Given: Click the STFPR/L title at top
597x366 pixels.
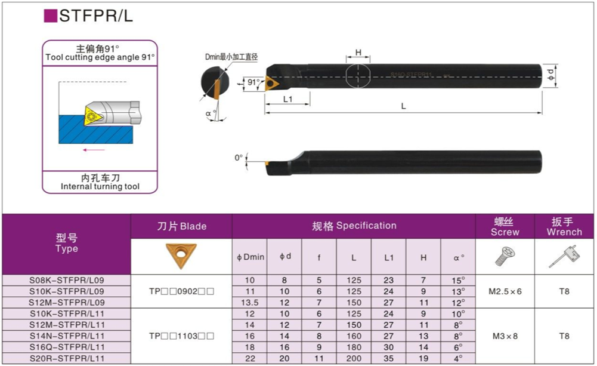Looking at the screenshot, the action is (x=96, y=16).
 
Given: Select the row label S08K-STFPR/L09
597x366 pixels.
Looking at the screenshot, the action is (x=67, y=280).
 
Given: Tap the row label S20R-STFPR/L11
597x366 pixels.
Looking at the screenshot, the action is (x=67, y=358).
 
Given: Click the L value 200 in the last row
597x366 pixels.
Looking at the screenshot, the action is (x=354, y=358).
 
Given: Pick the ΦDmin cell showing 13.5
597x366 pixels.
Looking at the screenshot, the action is (x=250, y=303).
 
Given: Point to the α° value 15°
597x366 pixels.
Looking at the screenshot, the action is (x=458, y=281).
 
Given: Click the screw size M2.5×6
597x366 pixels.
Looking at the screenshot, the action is (x=505, y=291).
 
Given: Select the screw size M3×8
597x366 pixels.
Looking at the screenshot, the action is (x=505, y=336).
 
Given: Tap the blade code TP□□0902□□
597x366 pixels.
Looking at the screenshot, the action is (x=182, y=291).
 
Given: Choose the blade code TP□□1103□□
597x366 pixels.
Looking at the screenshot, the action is (x=182, y=336).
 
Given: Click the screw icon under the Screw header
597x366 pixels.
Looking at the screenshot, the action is (x=505, y=256).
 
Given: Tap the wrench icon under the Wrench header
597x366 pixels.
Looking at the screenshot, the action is (x=564, y=257).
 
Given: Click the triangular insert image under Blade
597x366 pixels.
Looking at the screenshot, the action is (x=181, y=256).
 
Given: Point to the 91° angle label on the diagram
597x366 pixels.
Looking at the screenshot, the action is (x=253, y=82).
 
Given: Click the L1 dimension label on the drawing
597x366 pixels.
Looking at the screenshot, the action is (x=288, y=99).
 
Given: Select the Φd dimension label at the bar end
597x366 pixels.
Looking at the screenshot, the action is (x=550, y=75).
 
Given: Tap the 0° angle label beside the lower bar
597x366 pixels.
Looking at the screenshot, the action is (x=239, y=158).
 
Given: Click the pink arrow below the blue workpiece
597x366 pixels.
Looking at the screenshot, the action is (x=94, y=150).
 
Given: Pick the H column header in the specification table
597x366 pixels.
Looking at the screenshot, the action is (x=423, y=258).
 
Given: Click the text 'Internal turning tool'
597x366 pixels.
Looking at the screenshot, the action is (x=100, y=186).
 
